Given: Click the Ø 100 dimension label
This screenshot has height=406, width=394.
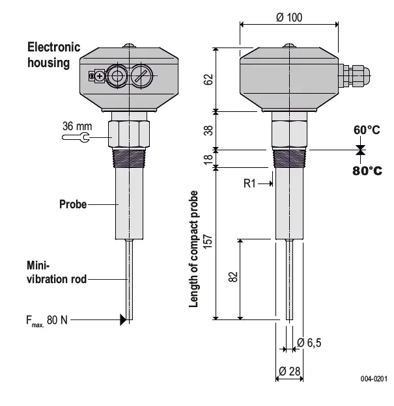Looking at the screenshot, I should point(289,18).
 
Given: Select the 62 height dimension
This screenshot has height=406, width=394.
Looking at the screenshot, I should point(208,79).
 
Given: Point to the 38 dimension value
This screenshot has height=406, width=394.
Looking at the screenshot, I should point(208,130).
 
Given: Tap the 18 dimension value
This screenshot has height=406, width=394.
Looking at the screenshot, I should point(208,159).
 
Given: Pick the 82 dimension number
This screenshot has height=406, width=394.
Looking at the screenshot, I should point(234,277).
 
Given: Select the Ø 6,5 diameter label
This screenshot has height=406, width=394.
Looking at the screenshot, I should point(309,343).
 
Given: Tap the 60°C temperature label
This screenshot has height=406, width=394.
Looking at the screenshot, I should point(367,130).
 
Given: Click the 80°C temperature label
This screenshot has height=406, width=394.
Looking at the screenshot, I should point(367,170).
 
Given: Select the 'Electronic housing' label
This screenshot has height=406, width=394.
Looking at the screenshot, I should point(53,55).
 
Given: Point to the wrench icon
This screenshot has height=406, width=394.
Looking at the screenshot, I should point(87,137).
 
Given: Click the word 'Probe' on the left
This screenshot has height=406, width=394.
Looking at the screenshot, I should point(73,204).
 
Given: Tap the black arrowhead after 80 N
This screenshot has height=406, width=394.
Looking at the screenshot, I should point(122,319).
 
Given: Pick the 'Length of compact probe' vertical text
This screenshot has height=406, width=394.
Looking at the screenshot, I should point(193,250).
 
